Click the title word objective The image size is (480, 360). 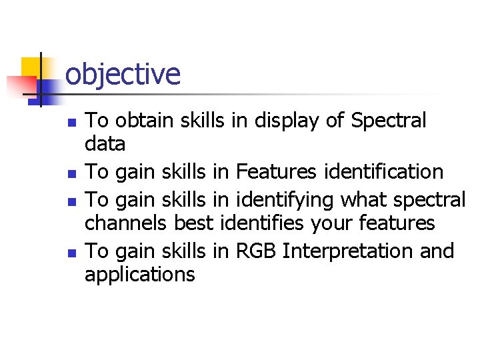click(123, 74)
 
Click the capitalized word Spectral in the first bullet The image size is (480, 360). click(388, 121)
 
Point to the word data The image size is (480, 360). click(105, 143)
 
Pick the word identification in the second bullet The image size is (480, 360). click(383, 172)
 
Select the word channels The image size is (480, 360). click(127, 223)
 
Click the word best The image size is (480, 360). click(193, 223)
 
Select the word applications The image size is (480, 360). click(140, 274)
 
